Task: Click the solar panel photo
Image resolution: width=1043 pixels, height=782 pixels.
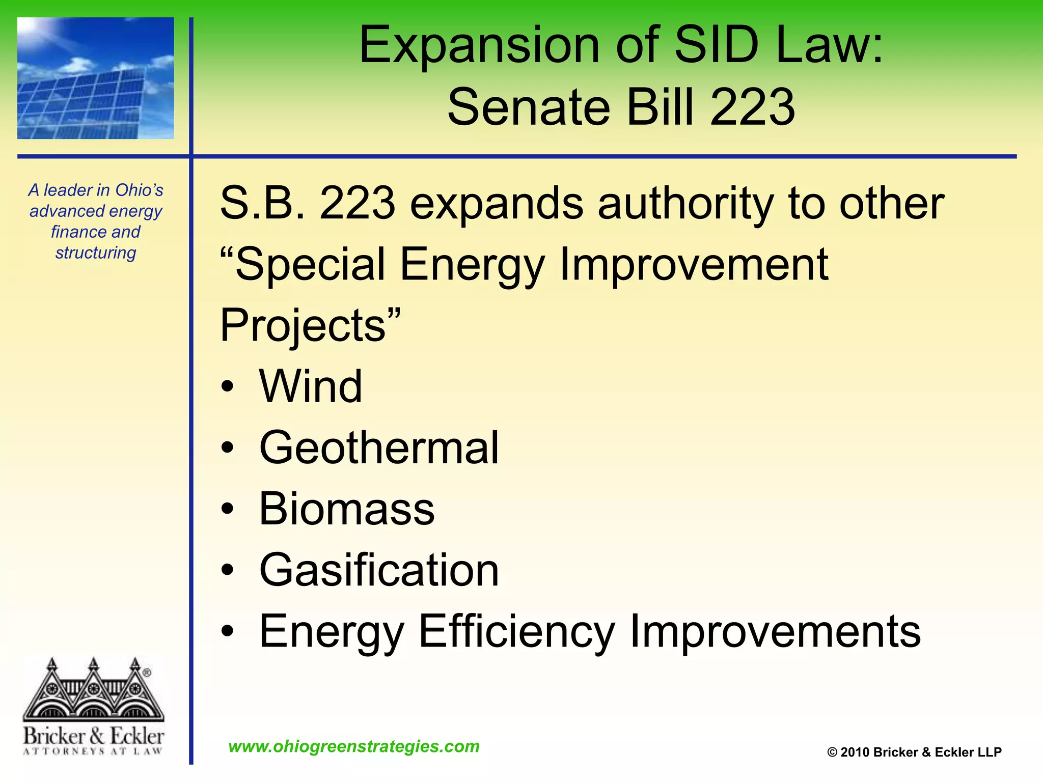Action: [96, 78]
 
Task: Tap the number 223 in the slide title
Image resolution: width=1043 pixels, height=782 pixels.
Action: [752, 107]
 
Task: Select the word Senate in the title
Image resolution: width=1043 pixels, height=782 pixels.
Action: [528, 107]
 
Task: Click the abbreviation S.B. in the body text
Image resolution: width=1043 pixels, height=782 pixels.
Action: [262, 204]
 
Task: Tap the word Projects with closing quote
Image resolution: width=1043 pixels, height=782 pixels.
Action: [310, 326]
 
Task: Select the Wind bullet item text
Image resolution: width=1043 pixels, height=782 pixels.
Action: [311, 387]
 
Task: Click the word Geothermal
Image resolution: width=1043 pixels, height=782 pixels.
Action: [379, 448]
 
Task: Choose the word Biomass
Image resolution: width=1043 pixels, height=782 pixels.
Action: [347, 509]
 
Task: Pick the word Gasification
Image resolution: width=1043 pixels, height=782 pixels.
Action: [379, 570]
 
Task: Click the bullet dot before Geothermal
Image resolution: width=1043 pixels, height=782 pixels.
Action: [228, 449]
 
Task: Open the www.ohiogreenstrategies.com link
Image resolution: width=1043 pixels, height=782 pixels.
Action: [354, 746]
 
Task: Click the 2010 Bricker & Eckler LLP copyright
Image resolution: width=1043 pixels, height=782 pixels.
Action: [914, 752]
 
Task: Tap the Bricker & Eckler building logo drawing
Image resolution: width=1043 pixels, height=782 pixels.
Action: [93, 690]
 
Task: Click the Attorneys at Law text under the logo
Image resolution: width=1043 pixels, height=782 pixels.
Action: [93, 751]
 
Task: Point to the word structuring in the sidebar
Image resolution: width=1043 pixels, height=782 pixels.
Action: [96, 253]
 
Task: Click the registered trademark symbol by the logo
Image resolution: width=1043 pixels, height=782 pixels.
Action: [147, 673]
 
